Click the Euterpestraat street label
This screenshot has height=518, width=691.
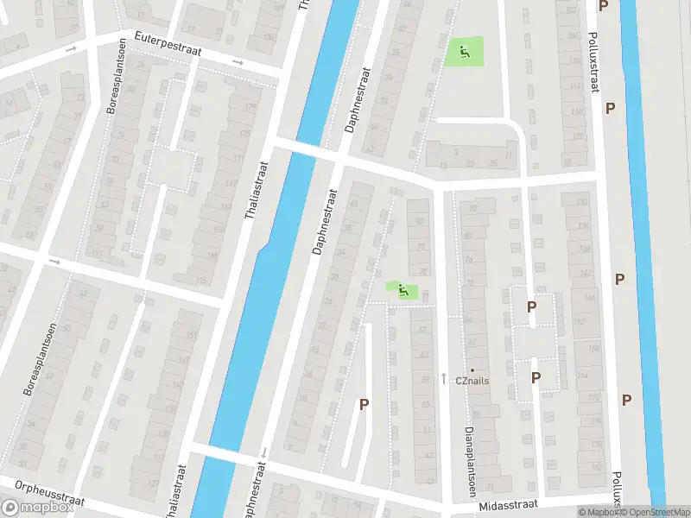[168, 45]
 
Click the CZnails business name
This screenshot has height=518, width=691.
[473, 380]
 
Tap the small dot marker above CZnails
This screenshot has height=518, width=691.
[472, 370]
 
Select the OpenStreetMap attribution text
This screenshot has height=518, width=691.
[656, 513]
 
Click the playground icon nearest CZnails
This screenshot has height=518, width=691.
[403, 292]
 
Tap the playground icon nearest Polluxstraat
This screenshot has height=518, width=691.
[465, 53]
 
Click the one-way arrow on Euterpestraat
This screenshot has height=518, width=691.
[238, 62]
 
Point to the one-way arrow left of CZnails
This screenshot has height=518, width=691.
[444, 377]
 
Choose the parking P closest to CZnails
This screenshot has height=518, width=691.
[536, 377]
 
